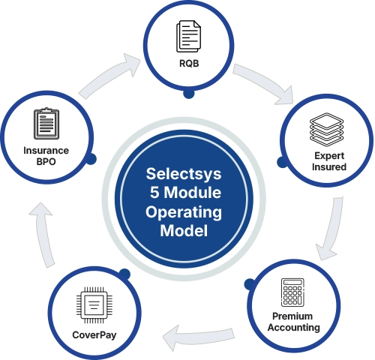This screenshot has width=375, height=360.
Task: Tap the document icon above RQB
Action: point(187,35)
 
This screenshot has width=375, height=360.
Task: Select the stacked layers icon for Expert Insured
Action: point(328,136)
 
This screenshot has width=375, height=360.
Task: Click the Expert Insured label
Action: point(328,161)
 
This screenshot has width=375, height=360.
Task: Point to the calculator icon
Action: point(291,294)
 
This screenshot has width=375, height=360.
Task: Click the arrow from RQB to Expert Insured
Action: point(262,82)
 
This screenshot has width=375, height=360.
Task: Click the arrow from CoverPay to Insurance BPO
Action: point(46,232)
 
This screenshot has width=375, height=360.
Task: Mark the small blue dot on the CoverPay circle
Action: point(124,274)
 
